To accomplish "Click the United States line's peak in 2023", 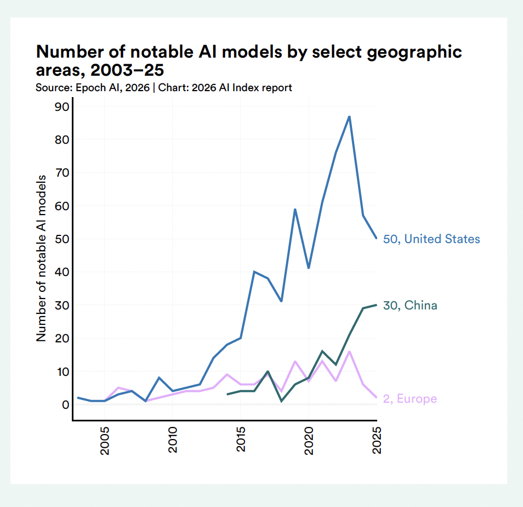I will [349, 116].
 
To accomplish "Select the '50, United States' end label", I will [431, 239].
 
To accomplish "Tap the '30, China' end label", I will [410, 306].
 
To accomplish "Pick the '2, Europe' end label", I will [410, 399].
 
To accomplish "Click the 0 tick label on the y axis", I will [65, 404].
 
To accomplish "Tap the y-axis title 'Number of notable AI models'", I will [42, 259].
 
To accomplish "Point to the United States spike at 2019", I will [295, 209].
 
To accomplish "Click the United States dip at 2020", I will [309, 268].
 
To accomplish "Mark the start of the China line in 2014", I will [228, 395].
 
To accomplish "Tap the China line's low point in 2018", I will [282, 401].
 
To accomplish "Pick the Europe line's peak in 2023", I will [349, 351].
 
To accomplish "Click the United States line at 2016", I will [254, 272].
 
